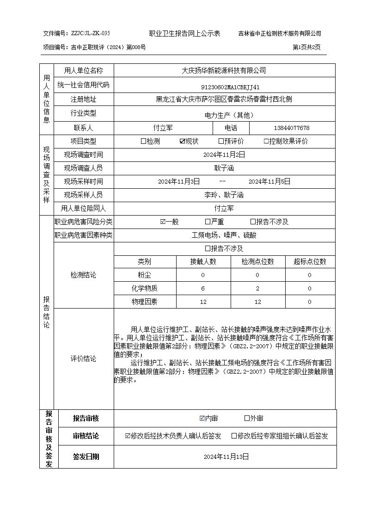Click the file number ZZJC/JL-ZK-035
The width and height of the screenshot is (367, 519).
coord(90,33)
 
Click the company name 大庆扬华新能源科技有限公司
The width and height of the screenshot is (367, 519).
coord(224,71)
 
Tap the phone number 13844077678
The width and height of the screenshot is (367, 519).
coord(292,128)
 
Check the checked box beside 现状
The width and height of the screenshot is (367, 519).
coord(182,142)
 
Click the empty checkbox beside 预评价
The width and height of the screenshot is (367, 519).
coord(221,142)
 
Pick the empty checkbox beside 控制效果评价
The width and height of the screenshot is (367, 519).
coord(266,142)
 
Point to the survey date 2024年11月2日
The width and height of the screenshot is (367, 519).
coord(224,155)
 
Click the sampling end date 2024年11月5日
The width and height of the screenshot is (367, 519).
coord(269,182)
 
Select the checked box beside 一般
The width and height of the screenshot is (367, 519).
coord(163,222)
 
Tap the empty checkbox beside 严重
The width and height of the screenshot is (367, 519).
coord(208,222)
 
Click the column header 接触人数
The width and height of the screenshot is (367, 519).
coord(203,262)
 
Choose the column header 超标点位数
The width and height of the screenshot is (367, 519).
coord(310,262)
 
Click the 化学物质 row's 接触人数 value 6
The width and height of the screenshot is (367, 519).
coord(203,289)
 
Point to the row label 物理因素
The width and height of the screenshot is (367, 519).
coord(144,302)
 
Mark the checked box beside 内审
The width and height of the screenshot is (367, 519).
coord(202,419)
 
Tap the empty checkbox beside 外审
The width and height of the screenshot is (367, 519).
coord(247,419)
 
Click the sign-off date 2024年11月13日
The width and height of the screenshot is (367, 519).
coord(226,457)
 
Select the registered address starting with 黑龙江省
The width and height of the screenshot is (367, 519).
coord(224,99)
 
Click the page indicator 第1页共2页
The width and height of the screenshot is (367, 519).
coord(306,47)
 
